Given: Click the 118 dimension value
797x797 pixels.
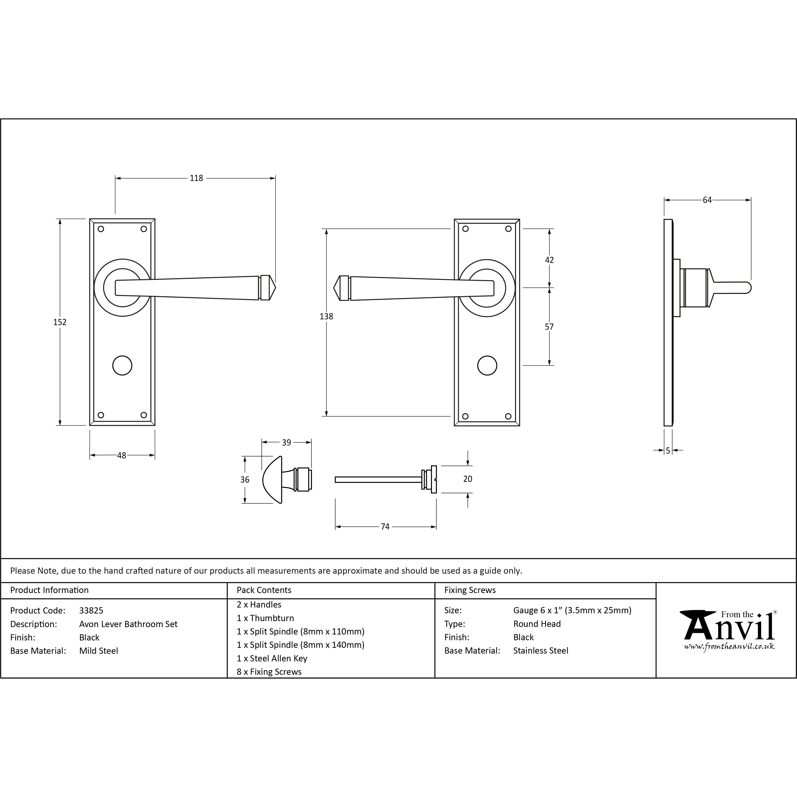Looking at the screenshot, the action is point(196,178).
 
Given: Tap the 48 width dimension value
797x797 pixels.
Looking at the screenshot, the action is point(122,455).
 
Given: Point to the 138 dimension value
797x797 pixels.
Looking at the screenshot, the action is point(326,316).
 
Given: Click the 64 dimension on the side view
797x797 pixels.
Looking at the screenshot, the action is point(707,200).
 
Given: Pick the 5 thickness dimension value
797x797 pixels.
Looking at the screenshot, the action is point(668,451).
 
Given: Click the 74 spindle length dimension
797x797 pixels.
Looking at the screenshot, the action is point(385,527).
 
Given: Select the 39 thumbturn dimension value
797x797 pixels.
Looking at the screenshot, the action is point(286,443).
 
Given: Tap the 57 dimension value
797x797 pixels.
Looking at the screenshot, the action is point(549,327).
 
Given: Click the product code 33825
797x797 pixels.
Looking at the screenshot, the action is point(91,611).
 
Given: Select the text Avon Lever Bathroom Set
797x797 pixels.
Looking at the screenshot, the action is point(128,624).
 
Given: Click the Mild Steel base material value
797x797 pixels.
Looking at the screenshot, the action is point(99,651).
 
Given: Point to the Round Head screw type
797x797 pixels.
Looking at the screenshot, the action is point(537,624).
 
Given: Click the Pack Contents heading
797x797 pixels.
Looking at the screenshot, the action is point(264,590).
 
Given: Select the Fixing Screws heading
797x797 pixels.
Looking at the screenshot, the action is point(470,590).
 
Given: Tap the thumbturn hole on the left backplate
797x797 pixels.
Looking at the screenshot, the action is point(122,366).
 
